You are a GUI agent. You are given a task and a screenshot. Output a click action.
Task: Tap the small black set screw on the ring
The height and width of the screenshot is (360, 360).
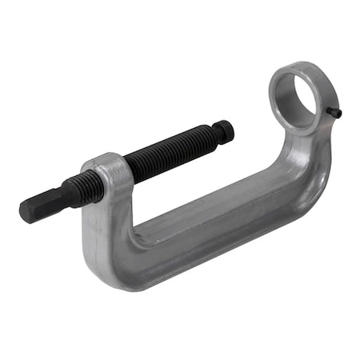click(x=336, y=113)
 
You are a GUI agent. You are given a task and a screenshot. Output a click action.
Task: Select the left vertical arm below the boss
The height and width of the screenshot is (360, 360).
click(x=101, y=232)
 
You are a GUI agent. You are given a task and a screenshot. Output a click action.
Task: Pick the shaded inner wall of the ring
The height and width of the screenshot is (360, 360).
click(x=309, y=100)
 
